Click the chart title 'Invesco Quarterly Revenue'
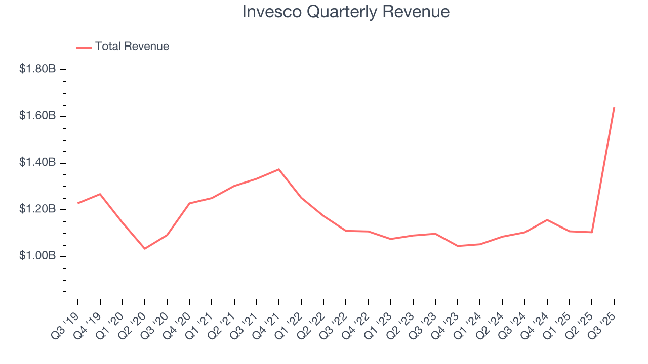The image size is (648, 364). click(x=346, y=12)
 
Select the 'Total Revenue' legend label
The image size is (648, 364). click(x=132, y=47)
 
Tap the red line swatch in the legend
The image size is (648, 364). click(x=84, y=47)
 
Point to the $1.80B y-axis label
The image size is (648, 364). click(x=37, y=69)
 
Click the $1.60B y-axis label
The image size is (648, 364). click(x=37, y=116)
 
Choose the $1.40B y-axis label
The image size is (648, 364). click(x=37, y=163)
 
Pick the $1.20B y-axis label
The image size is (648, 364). click(x=37, y=209)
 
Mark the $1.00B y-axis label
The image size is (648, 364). click(x=37, y=256)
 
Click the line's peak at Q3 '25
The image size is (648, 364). click(x=614, y=107)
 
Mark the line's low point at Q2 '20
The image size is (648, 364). click(x=145, y=248)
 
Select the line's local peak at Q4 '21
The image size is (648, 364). click(x=279, y=169)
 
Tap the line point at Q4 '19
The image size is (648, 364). click(x=100, y=194)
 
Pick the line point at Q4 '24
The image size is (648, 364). click(x=547, y=220)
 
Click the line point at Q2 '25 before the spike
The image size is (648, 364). click(x=592, y=232)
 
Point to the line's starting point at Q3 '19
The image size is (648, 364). click(x=78, y=203)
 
